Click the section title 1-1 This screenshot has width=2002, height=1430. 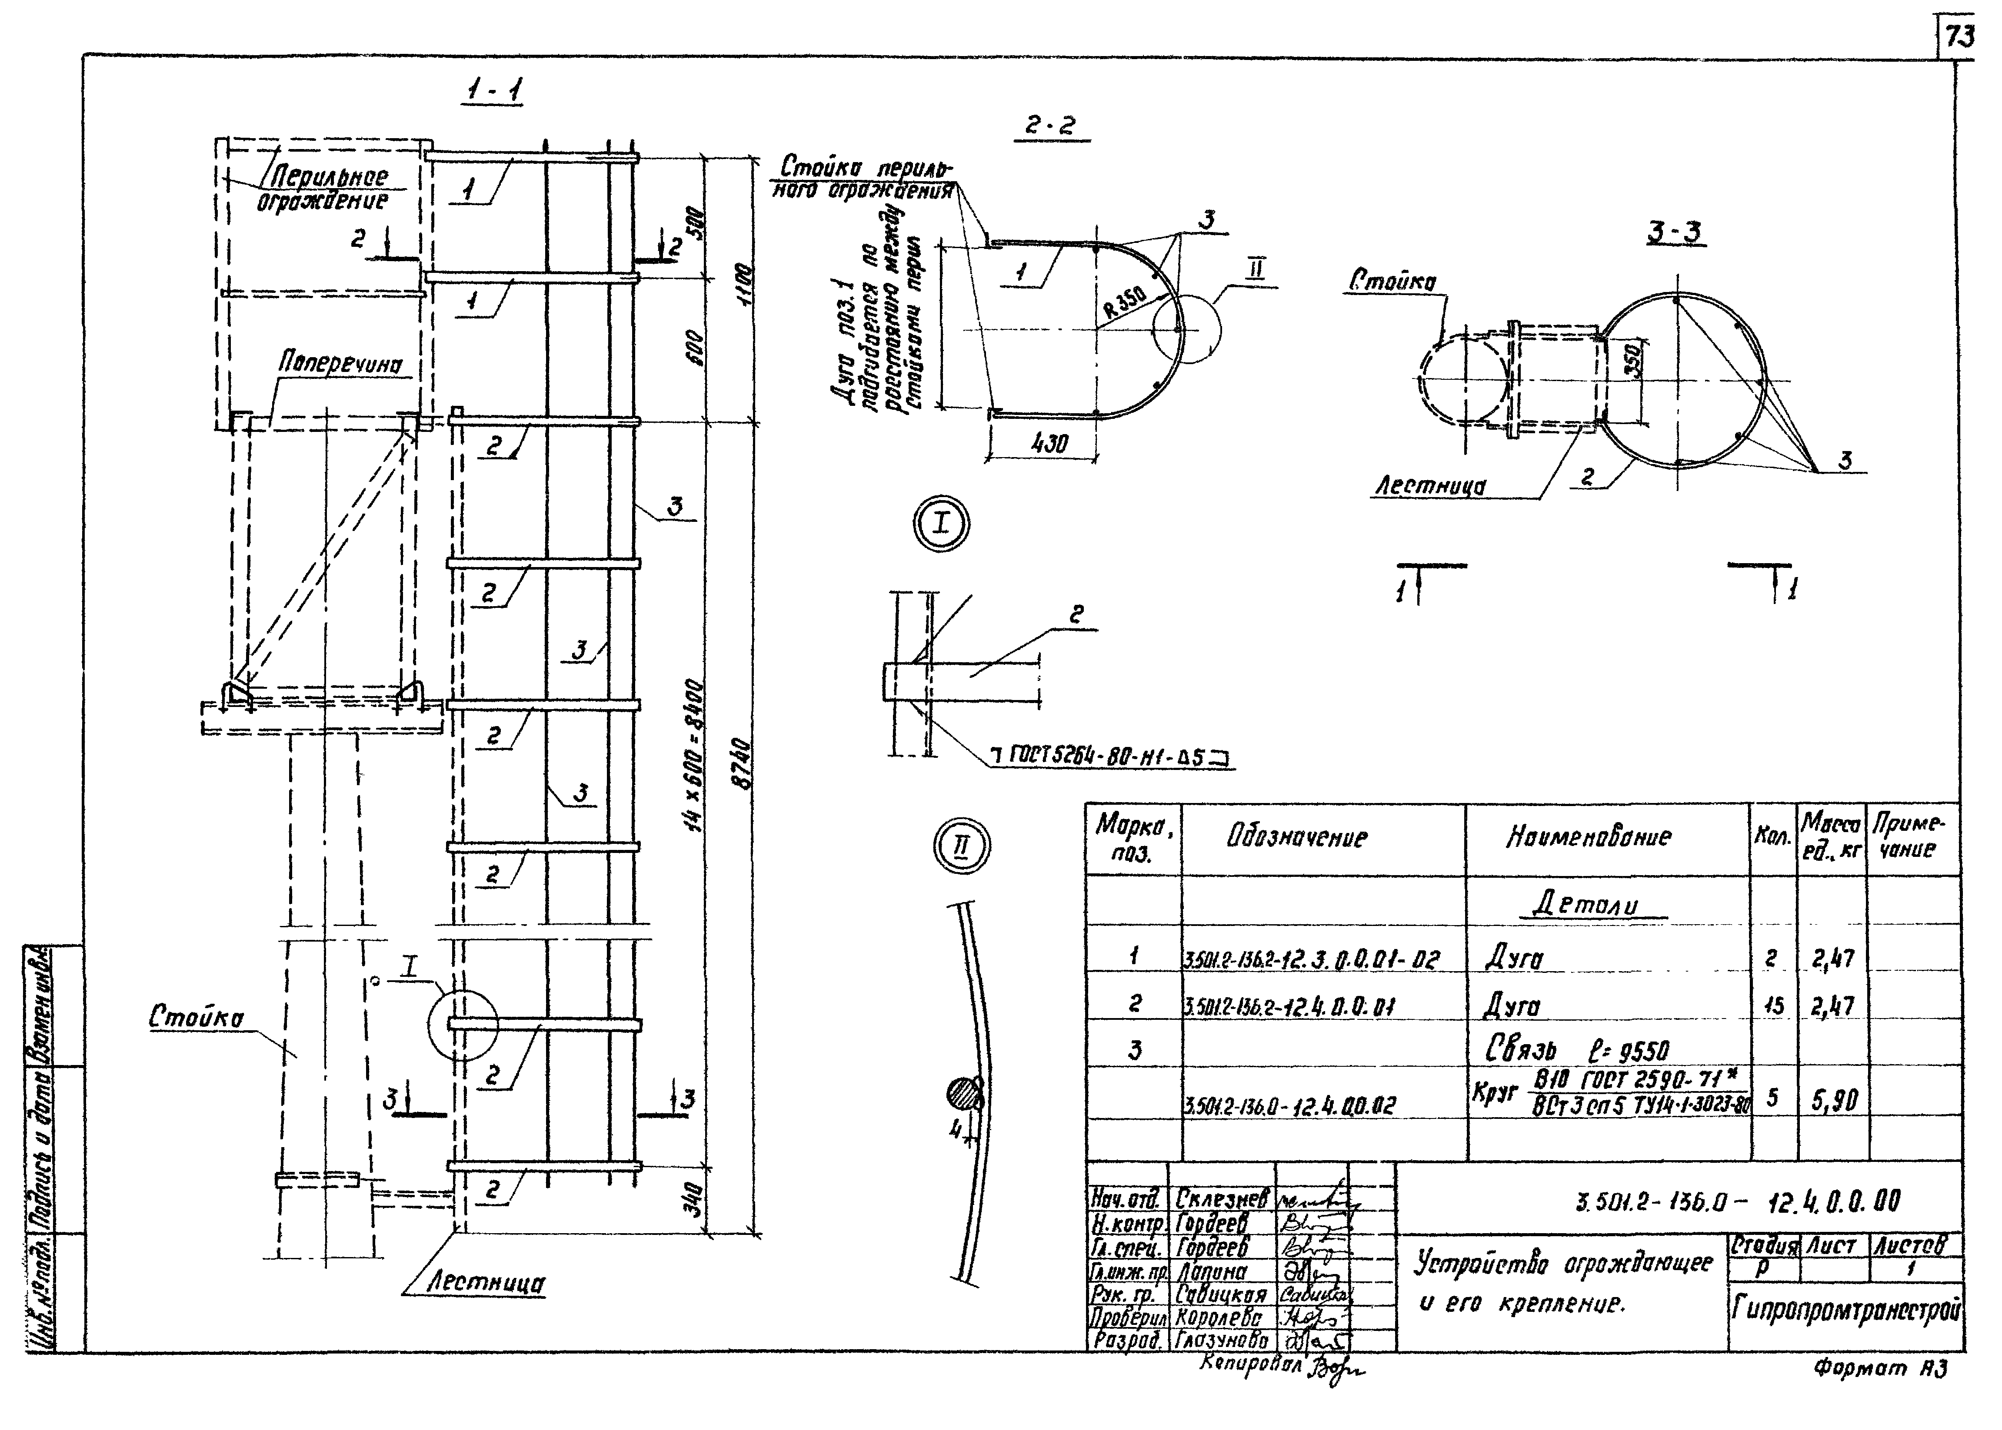[493, 90]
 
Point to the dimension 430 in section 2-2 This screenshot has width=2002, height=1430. [1048, 443]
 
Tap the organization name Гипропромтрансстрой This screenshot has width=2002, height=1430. [1845, 1312]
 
